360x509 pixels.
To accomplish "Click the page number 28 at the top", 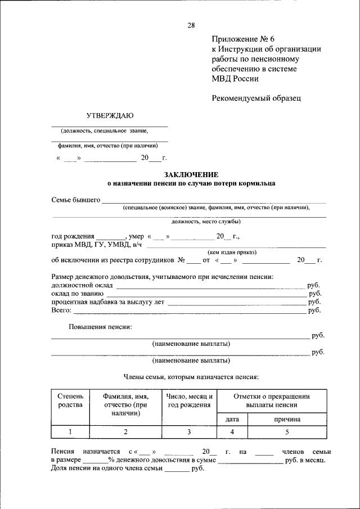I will pos(191,25).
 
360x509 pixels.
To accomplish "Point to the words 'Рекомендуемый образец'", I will pos(256,98).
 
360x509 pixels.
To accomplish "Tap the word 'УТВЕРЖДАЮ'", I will pos(109,116).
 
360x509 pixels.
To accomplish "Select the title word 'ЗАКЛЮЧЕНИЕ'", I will pos(191,175).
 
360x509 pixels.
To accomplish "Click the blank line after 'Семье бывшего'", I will pos(214,201).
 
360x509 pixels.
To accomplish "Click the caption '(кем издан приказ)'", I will pos(232,252).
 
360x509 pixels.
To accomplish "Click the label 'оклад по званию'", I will pos(76,294).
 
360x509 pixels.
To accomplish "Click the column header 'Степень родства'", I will pos(70,400).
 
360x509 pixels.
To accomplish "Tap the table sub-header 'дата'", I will pos(232,419).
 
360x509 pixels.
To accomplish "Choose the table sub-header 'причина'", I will pos(287,419).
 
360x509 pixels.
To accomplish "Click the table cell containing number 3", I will pos(189,431).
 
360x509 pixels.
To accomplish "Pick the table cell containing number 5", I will pos(287,431).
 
